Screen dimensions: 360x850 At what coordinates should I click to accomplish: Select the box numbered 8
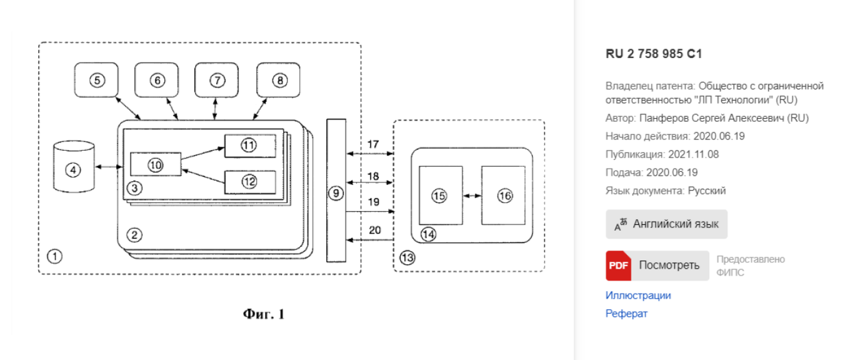pyautogui.click(x=278, y=80)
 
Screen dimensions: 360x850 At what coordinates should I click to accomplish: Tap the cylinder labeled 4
pyautogui.click(x=74, y=167)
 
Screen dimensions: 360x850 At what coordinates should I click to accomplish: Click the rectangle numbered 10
pyautogui.click(x=155, y=164)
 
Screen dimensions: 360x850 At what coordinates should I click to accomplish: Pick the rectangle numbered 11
pyautogui.click(x=250, y=146)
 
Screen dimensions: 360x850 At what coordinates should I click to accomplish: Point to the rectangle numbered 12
pyautogui.click(x=250, y=181)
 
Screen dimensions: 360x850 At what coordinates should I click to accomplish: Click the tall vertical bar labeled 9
pyautogui.click(x=336, y=190)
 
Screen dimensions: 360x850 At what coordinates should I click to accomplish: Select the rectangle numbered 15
pyautogui.click(x=440, y=195)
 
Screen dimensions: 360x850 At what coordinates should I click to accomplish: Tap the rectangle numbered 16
pyautogui.click(x=504, y=195)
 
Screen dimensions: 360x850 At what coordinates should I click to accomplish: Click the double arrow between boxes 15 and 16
pyautogui.click(x=472, y=196)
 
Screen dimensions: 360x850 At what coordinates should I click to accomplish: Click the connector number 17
pyautogui.click(x=373, y=145)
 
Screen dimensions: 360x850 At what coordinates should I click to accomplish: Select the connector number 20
pyautogui.click(x=374, y=231)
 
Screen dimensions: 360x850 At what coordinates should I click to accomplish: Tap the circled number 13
pyautogui.click(x=407, y=257)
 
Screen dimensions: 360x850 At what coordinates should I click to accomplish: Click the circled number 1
pyautogui.click(x=55, y=256)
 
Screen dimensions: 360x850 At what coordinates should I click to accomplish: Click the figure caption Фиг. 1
pyautogui.click(x=263, y=314)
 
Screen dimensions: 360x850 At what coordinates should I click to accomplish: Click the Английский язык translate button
pyautogui.click(x=666, y=224)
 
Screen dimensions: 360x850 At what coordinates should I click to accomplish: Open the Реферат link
pyautogui.click(x=626, y=314)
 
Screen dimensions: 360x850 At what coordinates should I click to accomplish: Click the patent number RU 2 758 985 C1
pyautogui.click(x=654, y=54)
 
